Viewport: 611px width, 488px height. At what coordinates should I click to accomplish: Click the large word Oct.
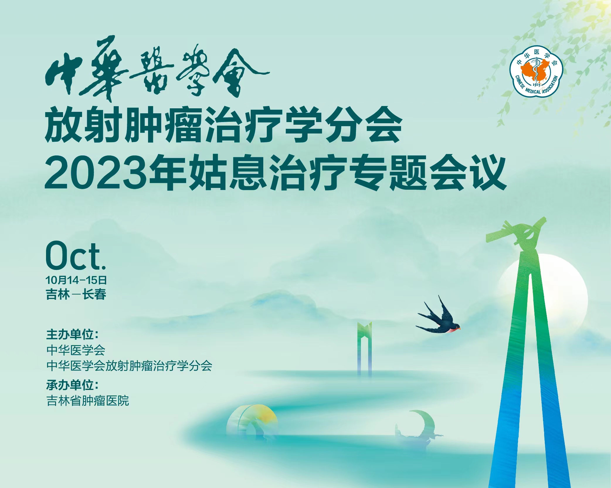76,256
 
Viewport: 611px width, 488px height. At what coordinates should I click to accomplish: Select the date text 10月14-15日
76,280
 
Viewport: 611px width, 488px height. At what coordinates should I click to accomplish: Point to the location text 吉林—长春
76,294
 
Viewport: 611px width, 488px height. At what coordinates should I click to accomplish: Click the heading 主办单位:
72,334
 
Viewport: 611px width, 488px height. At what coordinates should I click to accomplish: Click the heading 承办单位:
72,385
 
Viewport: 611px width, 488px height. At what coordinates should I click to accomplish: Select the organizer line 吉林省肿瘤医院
88,400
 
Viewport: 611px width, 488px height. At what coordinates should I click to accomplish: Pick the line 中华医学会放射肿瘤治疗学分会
129,366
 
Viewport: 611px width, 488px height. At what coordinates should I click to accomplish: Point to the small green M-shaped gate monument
364,348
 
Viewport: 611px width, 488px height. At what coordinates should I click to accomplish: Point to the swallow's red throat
452,330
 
